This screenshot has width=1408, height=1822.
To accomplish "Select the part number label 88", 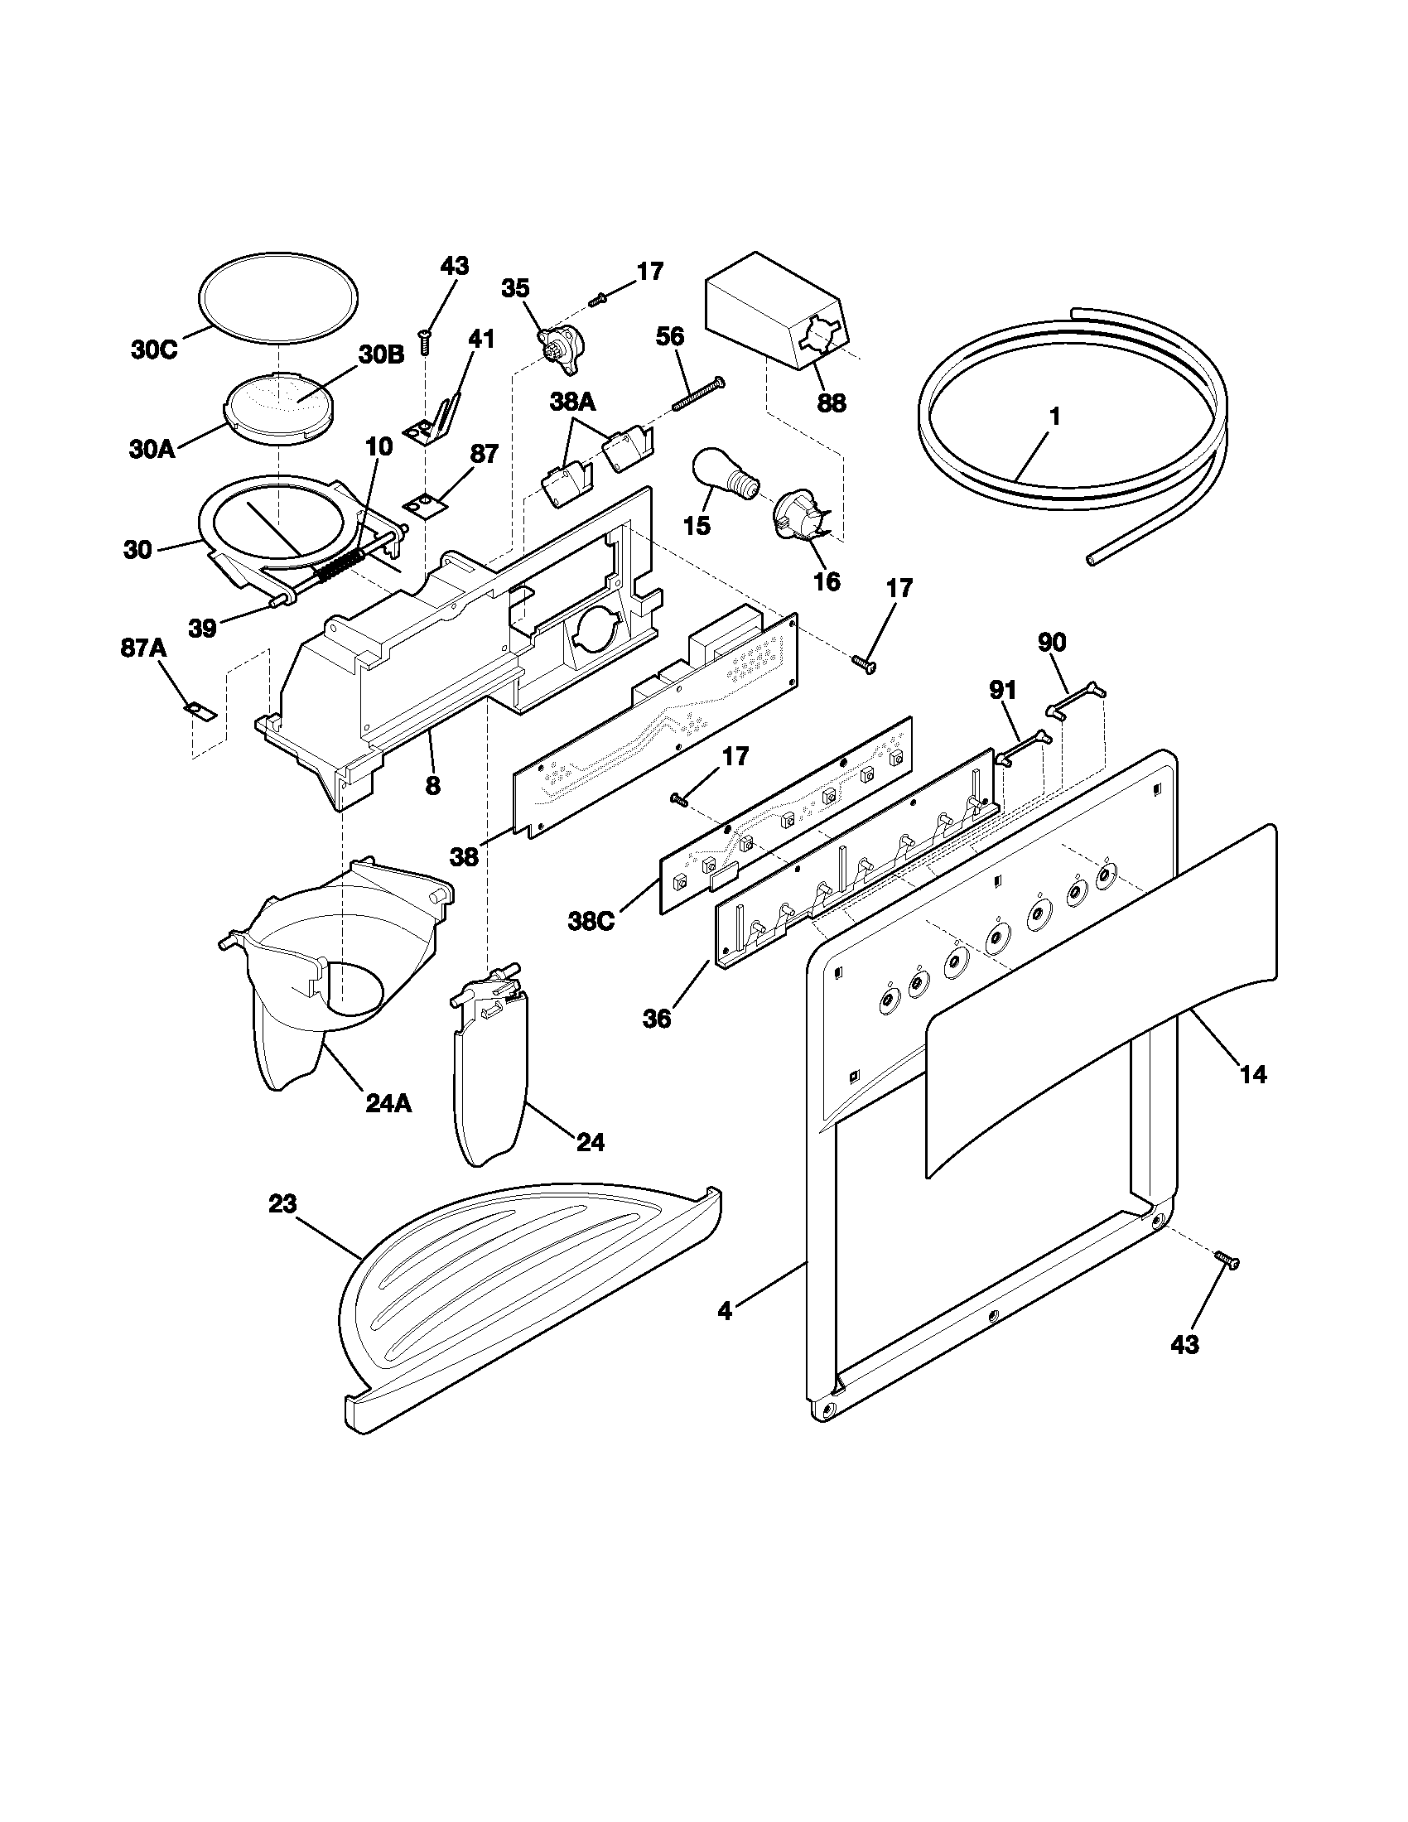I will pos(831,403).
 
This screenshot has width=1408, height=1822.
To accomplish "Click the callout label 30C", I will pos(155,349).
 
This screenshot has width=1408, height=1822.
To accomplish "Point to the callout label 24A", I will pos(388,1103).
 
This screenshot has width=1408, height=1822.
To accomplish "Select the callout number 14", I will pos(1253,1074).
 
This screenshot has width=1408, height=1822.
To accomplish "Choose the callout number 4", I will pos(725,1312).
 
